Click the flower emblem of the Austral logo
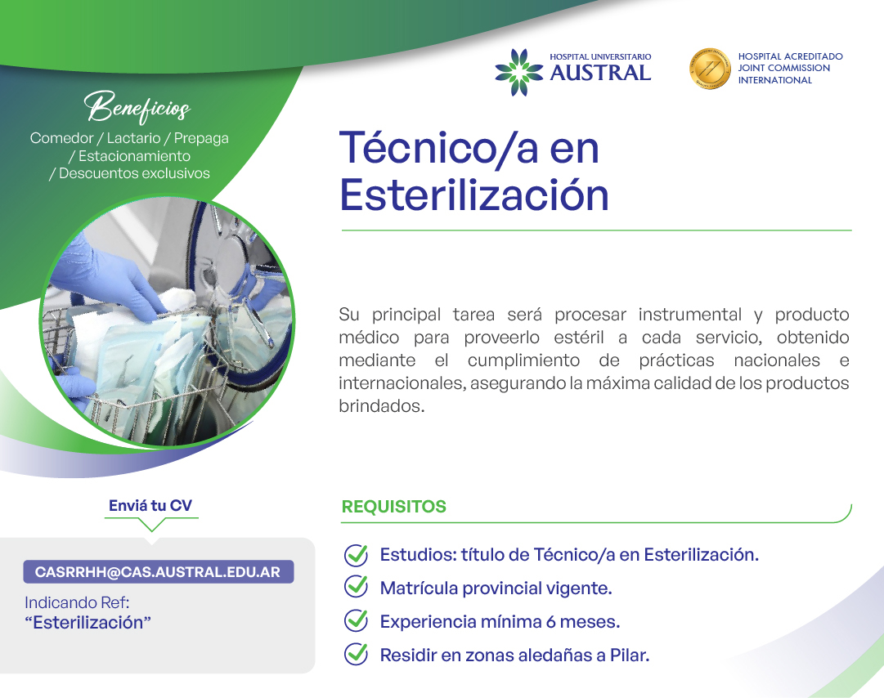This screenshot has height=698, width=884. pyautogui.click(x=519, y=72)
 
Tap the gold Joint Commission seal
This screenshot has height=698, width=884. pyautogui.click(x=710, y=69)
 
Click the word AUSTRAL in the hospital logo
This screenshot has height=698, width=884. pyautogui.click(x=600, y=73)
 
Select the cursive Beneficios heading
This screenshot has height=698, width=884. pyautogui.click(x=137, y=107)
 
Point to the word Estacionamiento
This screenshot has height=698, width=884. pyautogui.click(x=134, y=156)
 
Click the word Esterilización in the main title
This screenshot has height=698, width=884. pyautogui.click(x=474, y=195)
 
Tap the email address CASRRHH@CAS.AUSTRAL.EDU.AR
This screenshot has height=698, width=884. pyautogui.click(x=158, y=572)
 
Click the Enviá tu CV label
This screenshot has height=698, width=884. pyautogui.click(x=150, y=505)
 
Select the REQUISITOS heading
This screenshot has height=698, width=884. pyautogui.click(x=393, y=507)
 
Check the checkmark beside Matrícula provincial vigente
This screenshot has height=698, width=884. pyautogui.click(x=356, y=587)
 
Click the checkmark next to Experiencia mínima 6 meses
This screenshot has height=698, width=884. pyautogui.click(x=356, y=620)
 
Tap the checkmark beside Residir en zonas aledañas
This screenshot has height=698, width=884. pyautogui.click(x=356, y=654)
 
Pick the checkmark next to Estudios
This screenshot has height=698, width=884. pyautogui.click(x=356, y=555)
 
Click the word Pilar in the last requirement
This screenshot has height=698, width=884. pyautogui.click(x=630, y=655)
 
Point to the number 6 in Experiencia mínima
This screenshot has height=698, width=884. pyautogui.click(x=551, y=622)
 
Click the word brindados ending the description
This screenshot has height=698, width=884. pyautogui.click(x=382, y=405)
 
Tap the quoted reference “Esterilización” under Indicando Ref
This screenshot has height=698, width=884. pyautogui.click(x=88, y=623)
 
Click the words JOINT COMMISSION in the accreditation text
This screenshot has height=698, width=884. pyautogui.click(x=784, y=68)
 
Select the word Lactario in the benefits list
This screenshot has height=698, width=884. pyautogui.click(x=133, y=138)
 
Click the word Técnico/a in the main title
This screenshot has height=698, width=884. pyautogui.click(x=439, y=148)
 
